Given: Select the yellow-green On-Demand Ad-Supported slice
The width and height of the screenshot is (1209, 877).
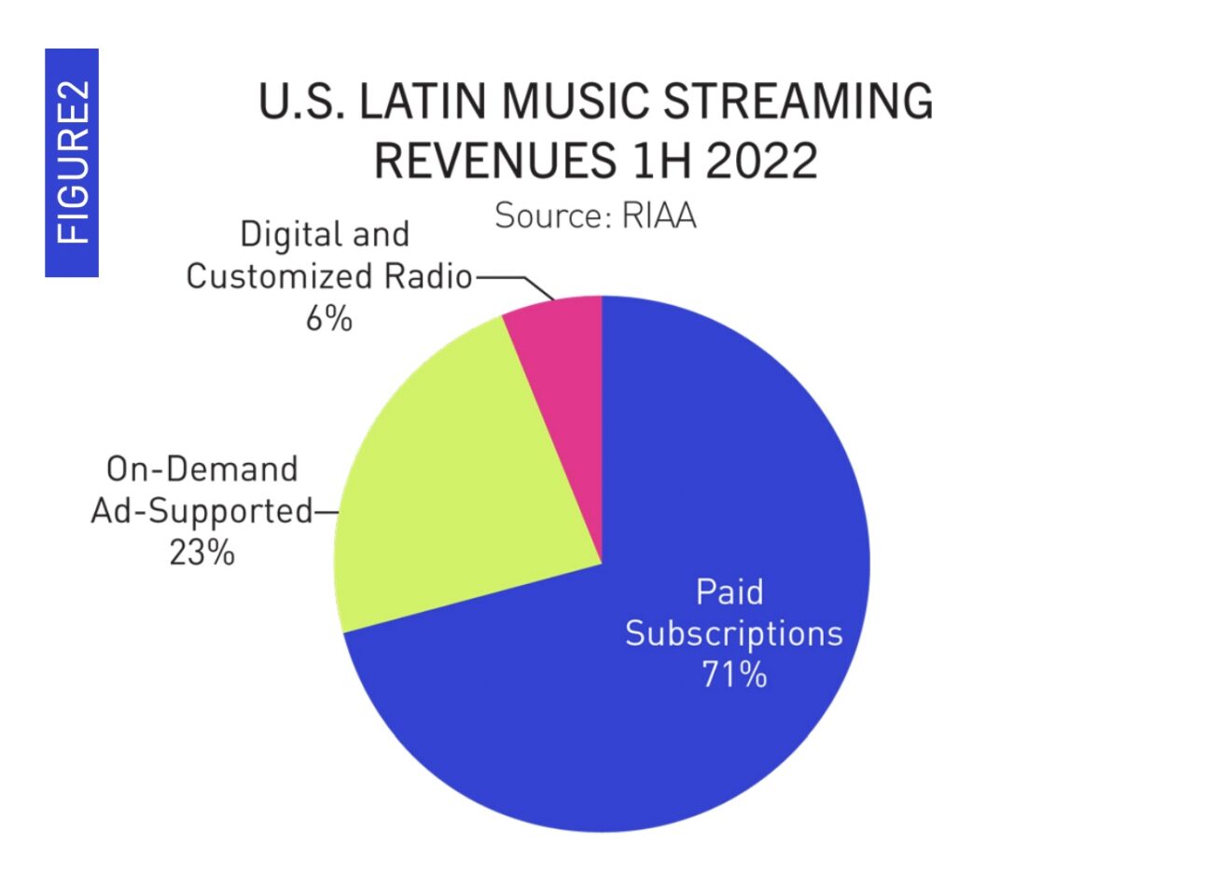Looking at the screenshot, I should pyautogui.click(x=448, y=494).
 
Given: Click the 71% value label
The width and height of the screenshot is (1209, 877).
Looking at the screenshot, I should pyautogui.click(x=734, y=674).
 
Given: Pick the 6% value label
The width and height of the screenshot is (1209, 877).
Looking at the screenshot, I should pyautogui.click(x=328, y=319).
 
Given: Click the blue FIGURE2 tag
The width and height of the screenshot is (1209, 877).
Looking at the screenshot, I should pyautogui.click(x=72, y=163).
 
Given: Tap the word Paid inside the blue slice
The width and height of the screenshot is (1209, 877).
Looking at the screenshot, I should pyautogui.click(x=730, y=592).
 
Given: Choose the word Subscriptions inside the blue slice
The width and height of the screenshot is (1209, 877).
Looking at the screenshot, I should pyautogui.click(x=733, y=633).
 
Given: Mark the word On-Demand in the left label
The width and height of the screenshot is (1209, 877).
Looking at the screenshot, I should pyautogui.click(x=201, y=468).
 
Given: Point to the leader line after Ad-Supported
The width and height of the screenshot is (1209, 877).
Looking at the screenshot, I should pyautogui.click(x=326, y=511).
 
